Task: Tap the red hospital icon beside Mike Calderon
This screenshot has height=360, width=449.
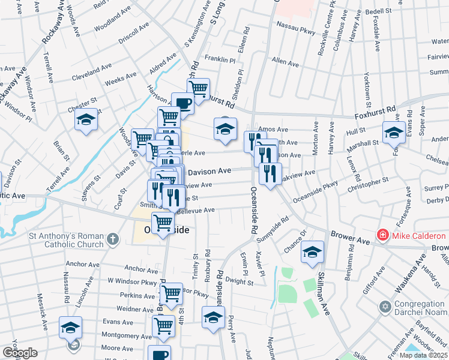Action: point(381,234)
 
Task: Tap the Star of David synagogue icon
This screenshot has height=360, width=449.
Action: point(386,307)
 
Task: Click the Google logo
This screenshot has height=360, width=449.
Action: point(20,353)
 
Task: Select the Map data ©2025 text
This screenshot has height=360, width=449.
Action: point(423,355)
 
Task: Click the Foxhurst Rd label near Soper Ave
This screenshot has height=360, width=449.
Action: point(393,111)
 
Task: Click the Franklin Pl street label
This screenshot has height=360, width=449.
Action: point(220,59)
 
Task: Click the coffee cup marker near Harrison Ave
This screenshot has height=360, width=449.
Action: point(182,103)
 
